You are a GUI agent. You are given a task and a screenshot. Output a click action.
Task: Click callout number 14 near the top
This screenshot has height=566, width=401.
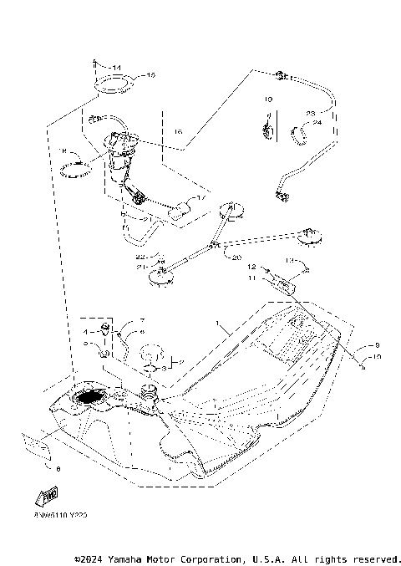(x=116, y=66)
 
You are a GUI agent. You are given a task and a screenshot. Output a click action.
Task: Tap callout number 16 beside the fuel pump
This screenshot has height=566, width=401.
(x=178, y=132)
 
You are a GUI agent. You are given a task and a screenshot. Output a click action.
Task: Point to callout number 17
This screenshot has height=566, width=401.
(x=200, y=198)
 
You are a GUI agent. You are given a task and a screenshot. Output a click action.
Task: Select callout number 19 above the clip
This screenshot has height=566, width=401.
(x=269, y=99)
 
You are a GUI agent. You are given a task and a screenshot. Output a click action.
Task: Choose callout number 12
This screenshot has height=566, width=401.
(x=249, y=268)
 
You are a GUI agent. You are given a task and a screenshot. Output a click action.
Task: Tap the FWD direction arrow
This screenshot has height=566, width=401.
(x=40, y=498)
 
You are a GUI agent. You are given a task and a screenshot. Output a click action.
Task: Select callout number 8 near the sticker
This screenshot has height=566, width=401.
(x=58, y=470)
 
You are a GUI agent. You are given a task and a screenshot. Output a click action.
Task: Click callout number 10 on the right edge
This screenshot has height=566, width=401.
(x=375, y=357)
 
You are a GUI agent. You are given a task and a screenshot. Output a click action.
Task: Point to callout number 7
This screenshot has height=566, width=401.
(x=142, y=321)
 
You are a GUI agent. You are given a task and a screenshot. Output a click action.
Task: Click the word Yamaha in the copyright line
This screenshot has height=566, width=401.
(x=125, y=558)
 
